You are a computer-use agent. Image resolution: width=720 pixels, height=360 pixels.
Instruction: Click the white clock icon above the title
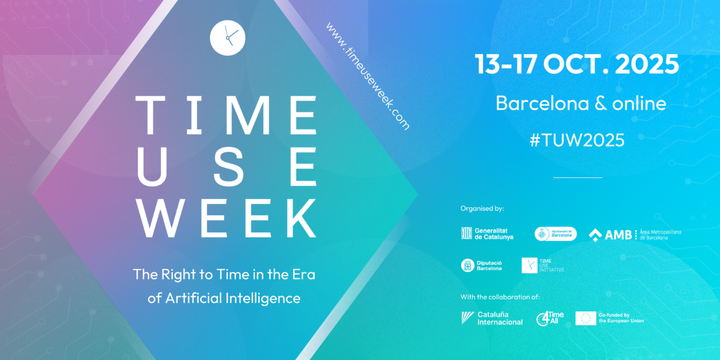[x=227, y=38]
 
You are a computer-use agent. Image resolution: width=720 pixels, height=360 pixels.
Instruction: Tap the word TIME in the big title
[x=226, y=115]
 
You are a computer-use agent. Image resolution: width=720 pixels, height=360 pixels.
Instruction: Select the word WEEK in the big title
[x=226, y=218]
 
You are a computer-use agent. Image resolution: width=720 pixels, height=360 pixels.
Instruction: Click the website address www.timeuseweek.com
[x=367, y=76]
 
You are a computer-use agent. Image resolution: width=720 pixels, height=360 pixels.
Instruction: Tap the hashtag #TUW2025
[x=577, y=140]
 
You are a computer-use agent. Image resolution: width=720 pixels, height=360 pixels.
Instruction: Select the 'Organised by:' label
[x=482, y=208]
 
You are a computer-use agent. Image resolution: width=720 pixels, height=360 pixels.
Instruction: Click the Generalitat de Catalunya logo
[x=487, y=234]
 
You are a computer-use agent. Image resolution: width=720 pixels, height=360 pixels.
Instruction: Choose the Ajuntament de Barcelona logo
[x=555, y=234]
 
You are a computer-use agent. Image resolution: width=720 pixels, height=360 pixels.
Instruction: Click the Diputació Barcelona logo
[x=482, y=265]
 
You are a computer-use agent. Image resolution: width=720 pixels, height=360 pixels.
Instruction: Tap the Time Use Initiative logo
[x=543, y=265]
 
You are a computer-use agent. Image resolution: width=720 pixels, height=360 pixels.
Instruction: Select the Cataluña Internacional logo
[x=492, y=318]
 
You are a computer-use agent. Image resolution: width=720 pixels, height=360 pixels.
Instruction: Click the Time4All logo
[x=550, y=318]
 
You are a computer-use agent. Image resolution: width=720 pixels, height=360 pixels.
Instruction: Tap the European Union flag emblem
[x=586, y=318]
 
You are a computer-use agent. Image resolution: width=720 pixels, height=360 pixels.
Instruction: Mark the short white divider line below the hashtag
[x=578, y=177]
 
